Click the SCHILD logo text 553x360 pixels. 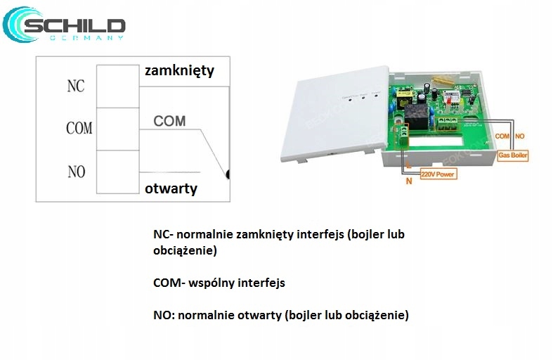pos(74,26)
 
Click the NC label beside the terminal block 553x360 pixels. pos(75,86)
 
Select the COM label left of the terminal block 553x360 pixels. pos(79,128)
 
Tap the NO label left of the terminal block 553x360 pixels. pos(76,171)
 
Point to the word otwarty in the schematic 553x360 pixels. pos(171,188)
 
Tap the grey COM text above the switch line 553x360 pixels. pos(169,121)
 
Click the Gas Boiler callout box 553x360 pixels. pos(513,154)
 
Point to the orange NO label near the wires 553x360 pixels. pos(520,135)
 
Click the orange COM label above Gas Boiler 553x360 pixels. pos(502,135)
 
